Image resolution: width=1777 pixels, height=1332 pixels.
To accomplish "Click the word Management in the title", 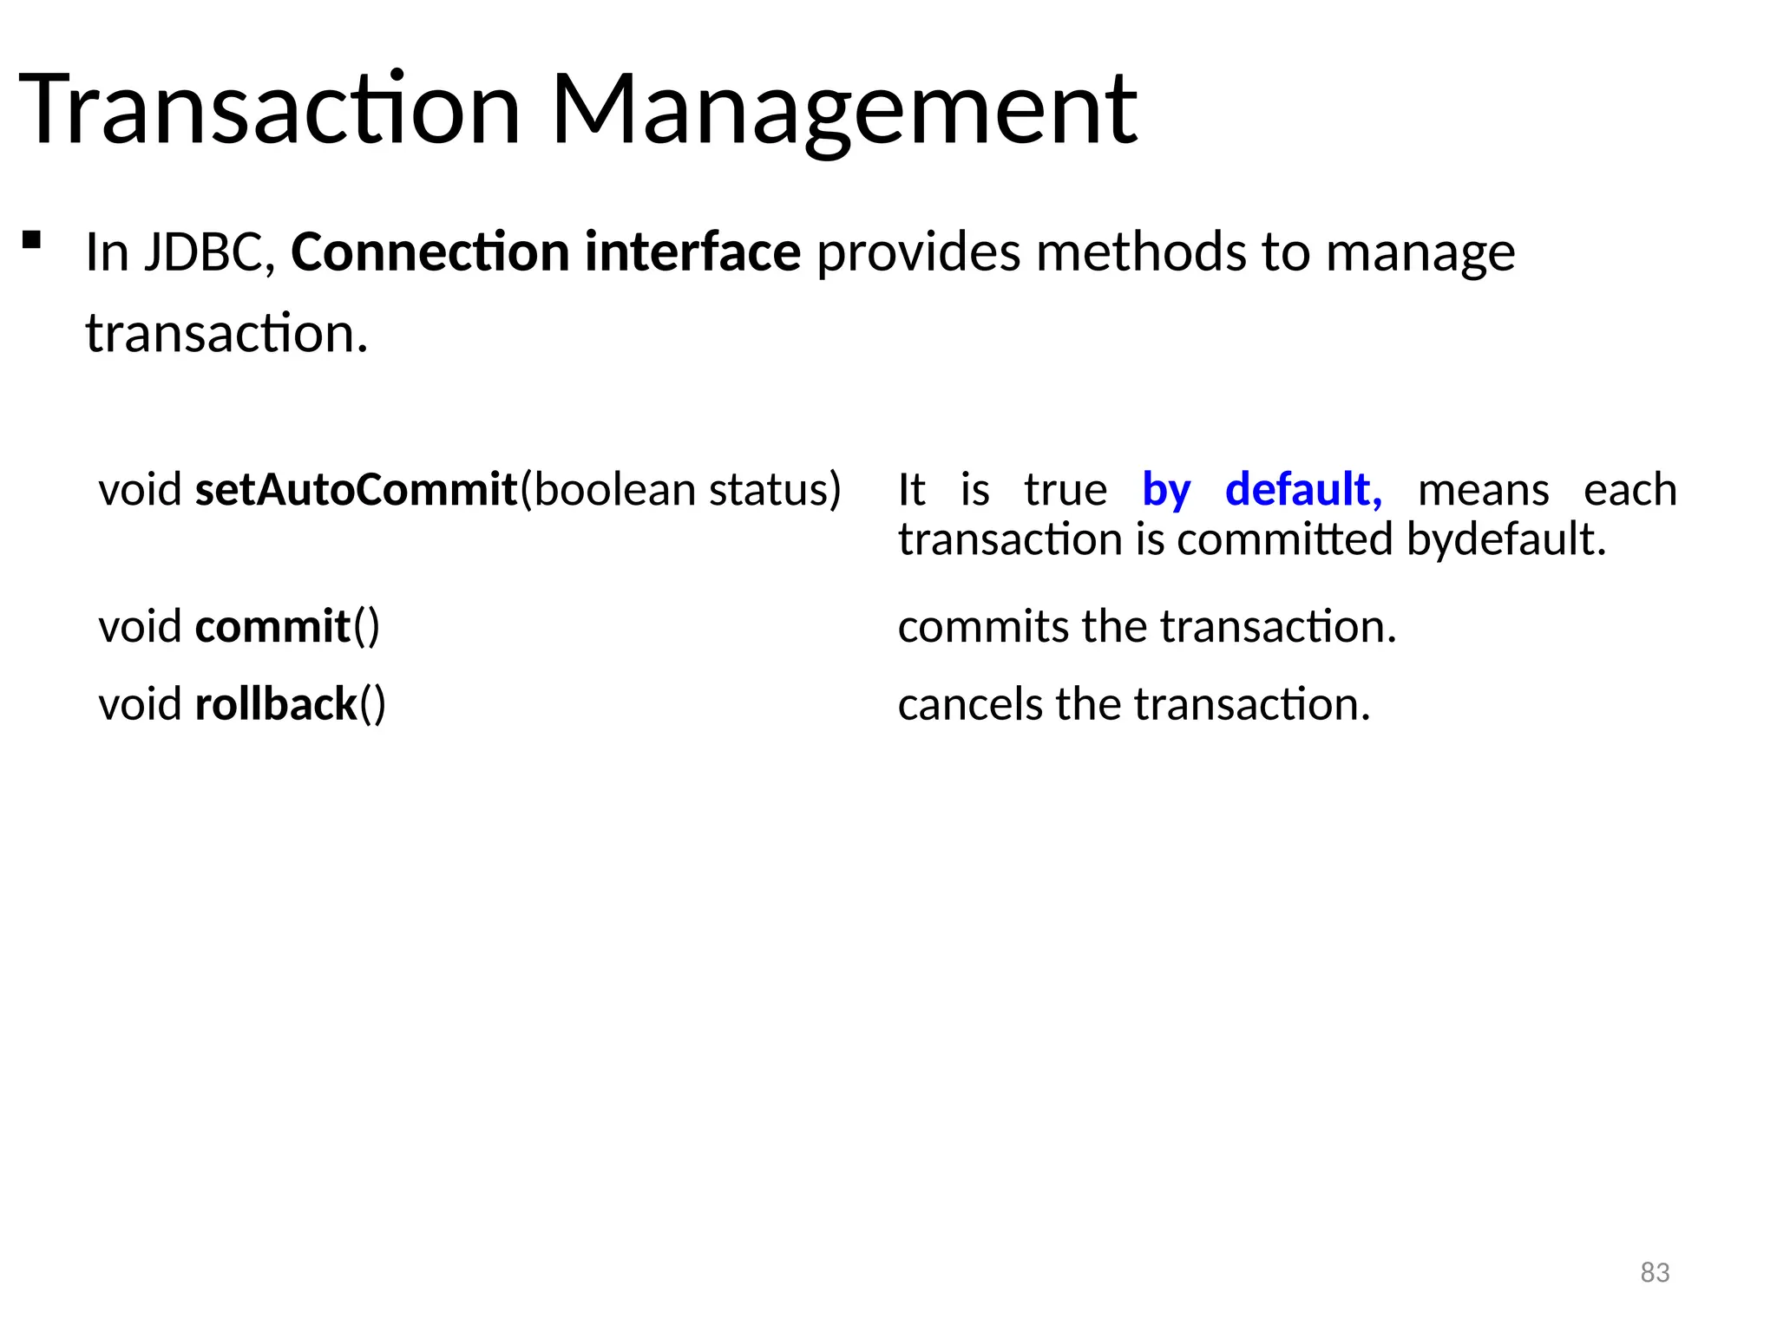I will (843, 111).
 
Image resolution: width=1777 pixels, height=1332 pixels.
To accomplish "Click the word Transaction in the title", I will (269, 111).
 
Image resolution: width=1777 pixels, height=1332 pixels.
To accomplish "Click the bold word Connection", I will (429, 252).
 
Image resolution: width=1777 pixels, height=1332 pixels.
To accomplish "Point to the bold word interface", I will (692, 252).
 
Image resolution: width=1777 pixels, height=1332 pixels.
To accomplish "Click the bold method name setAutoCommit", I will (356, 489).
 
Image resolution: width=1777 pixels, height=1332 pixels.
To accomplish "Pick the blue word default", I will (1302, 489).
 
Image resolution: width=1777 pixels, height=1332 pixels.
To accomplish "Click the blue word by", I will (1166, 491).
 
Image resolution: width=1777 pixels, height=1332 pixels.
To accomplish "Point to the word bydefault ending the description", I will (1505, 540).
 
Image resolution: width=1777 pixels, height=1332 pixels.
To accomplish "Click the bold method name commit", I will (272, 626).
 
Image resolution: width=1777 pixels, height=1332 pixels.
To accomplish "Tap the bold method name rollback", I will (276, 703).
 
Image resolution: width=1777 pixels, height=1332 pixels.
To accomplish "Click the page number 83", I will (1655, 1272).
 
